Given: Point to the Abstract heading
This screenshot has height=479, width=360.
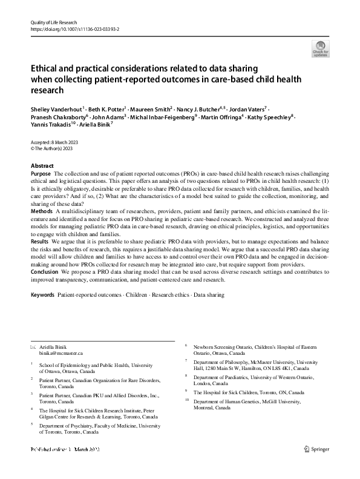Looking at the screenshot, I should click(x=42, y=166).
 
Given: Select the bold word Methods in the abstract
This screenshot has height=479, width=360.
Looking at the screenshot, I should click(x=41, y=210).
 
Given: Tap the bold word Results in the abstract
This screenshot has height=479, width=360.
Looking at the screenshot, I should click(x=40, y=240).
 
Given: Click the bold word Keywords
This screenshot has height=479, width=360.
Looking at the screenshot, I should click(x=42, y=294).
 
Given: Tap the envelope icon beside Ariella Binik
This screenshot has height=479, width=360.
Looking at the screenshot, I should click(x=33, y=346).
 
